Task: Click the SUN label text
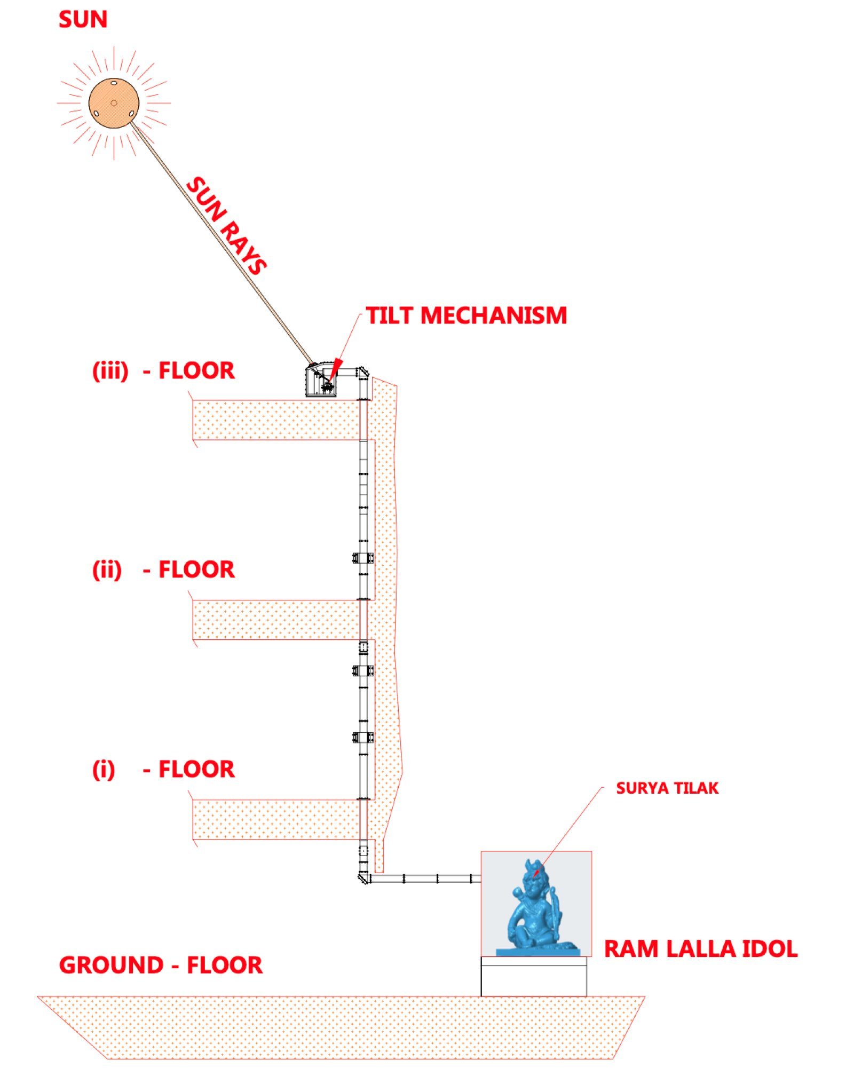(83, 20)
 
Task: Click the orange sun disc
(114, 103)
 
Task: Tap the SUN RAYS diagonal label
(226, 225)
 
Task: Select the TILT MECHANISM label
(466, 315)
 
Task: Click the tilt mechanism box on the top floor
(321, 380)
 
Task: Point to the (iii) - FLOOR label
(163, 371)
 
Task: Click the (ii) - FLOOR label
(163, 569)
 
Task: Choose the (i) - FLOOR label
(163, 769)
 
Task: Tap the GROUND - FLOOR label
(161, 965)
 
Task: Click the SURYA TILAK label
(667, 788)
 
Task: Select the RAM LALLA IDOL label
(701, 949)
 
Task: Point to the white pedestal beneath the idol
(534, 976)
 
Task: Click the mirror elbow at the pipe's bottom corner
(364, 878)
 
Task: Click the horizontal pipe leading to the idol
(426, 879)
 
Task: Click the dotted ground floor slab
(342, 1027)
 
